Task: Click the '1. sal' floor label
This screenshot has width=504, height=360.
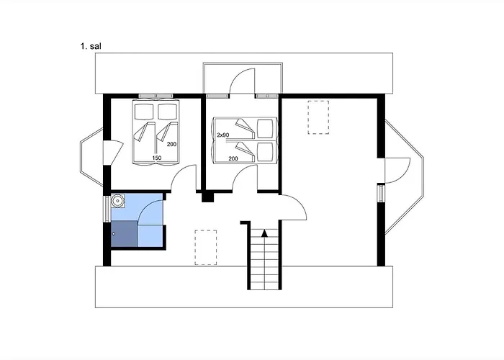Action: pyautogui.click(x=91, y=46)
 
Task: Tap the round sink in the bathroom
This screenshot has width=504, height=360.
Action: pyautogui.click(x=118, y=201)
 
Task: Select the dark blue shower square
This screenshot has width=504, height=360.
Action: pyautogui.click(x=125, y=234)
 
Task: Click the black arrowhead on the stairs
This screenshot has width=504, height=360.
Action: pyautogui.click(x=264, y=233)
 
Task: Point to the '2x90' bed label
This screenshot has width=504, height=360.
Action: pyautogui.click(x=223, y=135)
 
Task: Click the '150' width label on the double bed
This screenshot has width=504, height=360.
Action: pyautogui.click(x=156, y=158)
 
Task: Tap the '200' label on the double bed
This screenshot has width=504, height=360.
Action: pyautogui.click(x=171, y=144)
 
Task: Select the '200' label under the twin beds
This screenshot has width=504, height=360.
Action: pyautogui.click(x=233, y=158)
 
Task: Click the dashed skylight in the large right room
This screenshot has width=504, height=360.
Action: pyautogui.click(x=318, y=117)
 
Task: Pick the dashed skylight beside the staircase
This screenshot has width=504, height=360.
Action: pyautogui.click(x=206, y=248)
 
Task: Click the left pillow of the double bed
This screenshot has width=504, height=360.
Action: pyautogui.click(x=144, y=112)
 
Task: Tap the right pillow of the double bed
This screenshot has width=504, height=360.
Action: pyautogui.click(x=167, y=112)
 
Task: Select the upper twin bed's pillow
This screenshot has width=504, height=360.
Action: pyautogui.click(x=266, y=129)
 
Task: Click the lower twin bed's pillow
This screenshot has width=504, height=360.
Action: pyautogui.click(x=266, y=152)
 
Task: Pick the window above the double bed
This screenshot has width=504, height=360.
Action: pyautogui.click(x=156, y=96)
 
